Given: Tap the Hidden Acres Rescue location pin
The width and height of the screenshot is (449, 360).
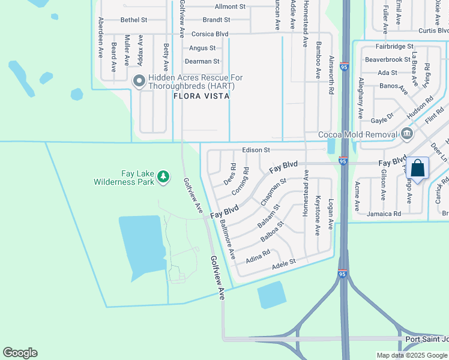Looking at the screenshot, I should click(x=140, y=80).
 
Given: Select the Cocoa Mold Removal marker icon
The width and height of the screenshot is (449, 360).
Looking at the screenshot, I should click(x=408, y=133).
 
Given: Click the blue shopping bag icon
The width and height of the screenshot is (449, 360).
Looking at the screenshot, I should click(x=418, y=168).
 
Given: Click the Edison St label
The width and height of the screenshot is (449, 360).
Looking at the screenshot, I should click(x=256, y=149).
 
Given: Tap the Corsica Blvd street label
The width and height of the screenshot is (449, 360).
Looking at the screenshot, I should click(x=210, y=34).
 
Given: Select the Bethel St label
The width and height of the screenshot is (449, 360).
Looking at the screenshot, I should click(x=134, y=20).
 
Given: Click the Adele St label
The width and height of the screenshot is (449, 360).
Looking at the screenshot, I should click(x=284, y=263).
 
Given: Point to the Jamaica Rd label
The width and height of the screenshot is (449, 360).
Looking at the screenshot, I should click(x=385, y=214).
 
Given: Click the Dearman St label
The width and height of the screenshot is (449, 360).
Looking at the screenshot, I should click(x=202, y=61).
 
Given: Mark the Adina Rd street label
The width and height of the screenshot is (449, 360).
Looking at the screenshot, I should click(x=258, y=256).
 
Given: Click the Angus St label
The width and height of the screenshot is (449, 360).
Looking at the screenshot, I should click(x=202, y=48).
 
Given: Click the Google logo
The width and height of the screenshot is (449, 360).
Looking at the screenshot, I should click(x=20, y=353).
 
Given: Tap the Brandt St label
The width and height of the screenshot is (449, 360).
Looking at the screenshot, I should click(x=217, y=20).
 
